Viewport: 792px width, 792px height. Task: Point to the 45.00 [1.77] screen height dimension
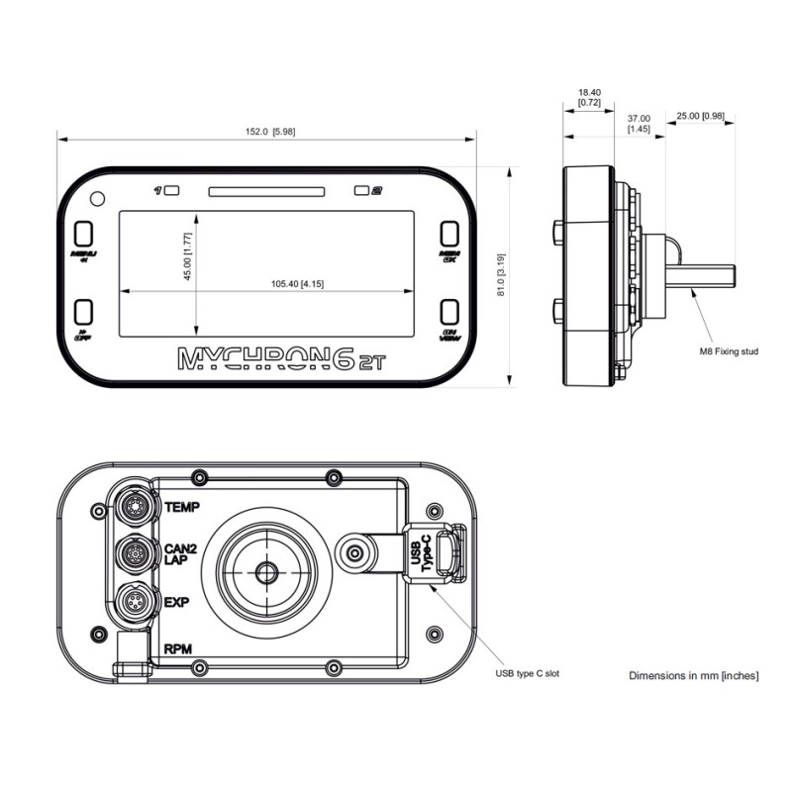click(186, 256)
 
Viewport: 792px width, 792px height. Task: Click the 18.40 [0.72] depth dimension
click(589, 96)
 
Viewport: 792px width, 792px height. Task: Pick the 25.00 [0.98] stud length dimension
click(700, 116)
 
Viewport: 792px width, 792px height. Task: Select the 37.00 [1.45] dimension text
click(639, 123)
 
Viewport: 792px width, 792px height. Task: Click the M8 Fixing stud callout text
click(728, 351)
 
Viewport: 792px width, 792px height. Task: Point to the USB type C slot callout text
click(528, 673)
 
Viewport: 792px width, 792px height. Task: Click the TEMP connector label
click(182, 508)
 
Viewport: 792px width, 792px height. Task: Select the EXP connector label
click(176, 601)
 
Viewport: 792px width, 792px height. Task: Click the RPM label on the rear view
click(178, 650)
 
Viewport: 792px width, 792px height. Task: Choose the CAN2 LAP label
click(180, 552)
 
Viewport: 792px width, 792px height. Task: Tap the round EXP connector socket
click(134, 601)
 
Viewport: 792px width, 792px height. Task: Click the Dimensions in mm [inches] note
click(694, 675)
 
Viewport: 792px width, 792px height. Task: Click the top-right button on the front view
click(450, 234)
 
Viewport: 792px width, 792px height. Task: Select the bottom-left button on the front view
click(84, 314)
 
